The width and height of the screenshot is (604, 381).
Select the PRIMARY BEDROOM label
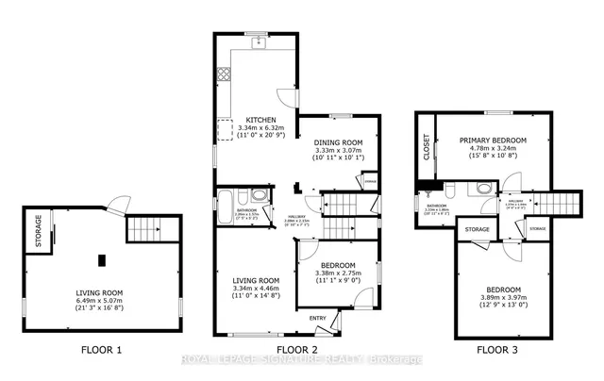(x=493, y=141)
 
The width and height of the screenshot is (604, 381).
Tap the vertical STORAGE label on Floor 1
(x=39, y=231)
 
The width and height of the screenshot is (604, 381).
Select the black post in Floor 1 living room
(x=100, y=258)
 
